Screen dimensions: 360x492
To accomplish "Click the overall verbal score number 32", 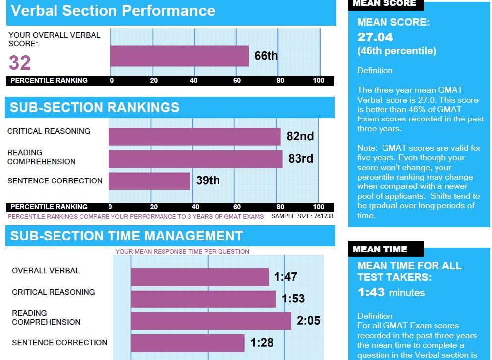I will (20, 63).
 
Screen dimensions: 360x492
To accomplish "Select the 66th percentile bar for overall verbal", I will (179, 56).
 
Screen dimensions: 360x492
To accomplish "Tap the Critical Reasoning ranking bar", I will (194, 137).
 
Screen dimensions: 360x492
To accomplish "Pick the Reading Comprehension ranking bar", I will (195, 159).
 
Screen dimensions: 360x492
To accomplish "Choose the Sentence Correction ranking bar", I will (149, 180).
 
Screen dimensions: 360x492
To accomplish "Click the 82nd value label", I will (300, 136).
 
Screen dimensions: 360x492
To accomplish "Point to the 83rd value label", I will (301, 159).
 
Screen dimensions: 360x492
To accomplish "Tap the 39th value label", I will (208, 180).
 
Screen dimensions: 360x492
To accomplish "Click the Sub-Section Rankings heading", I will (95, 108).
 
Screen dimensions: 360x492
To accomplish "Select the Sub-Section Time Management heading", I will (126, 236).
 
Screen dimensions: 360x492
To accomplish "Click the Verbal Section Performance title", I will (113, 11).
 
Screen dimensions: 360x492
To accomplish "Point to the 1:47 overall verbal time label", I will (285, 277).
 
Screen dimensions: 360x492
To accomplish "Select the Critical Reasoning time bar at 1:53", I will (203, 299).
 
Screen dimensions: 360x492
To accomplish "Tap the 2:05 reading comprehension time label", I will (308, 321).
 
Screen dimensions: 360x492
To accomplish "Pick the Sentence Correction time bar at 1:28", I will (187, 343).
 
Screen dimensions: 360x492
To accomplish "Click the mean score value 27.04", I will (375, 37).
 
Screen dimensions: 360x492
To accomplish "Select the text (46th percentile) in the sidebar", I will (396, 51).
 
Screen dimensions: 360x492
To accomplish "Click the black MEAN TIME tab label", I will (380, 249).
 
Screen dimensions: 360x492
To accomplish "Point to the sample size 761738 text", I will (302, 216).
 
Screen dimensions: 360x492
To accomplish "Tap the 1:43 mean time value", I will (371, 292).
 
